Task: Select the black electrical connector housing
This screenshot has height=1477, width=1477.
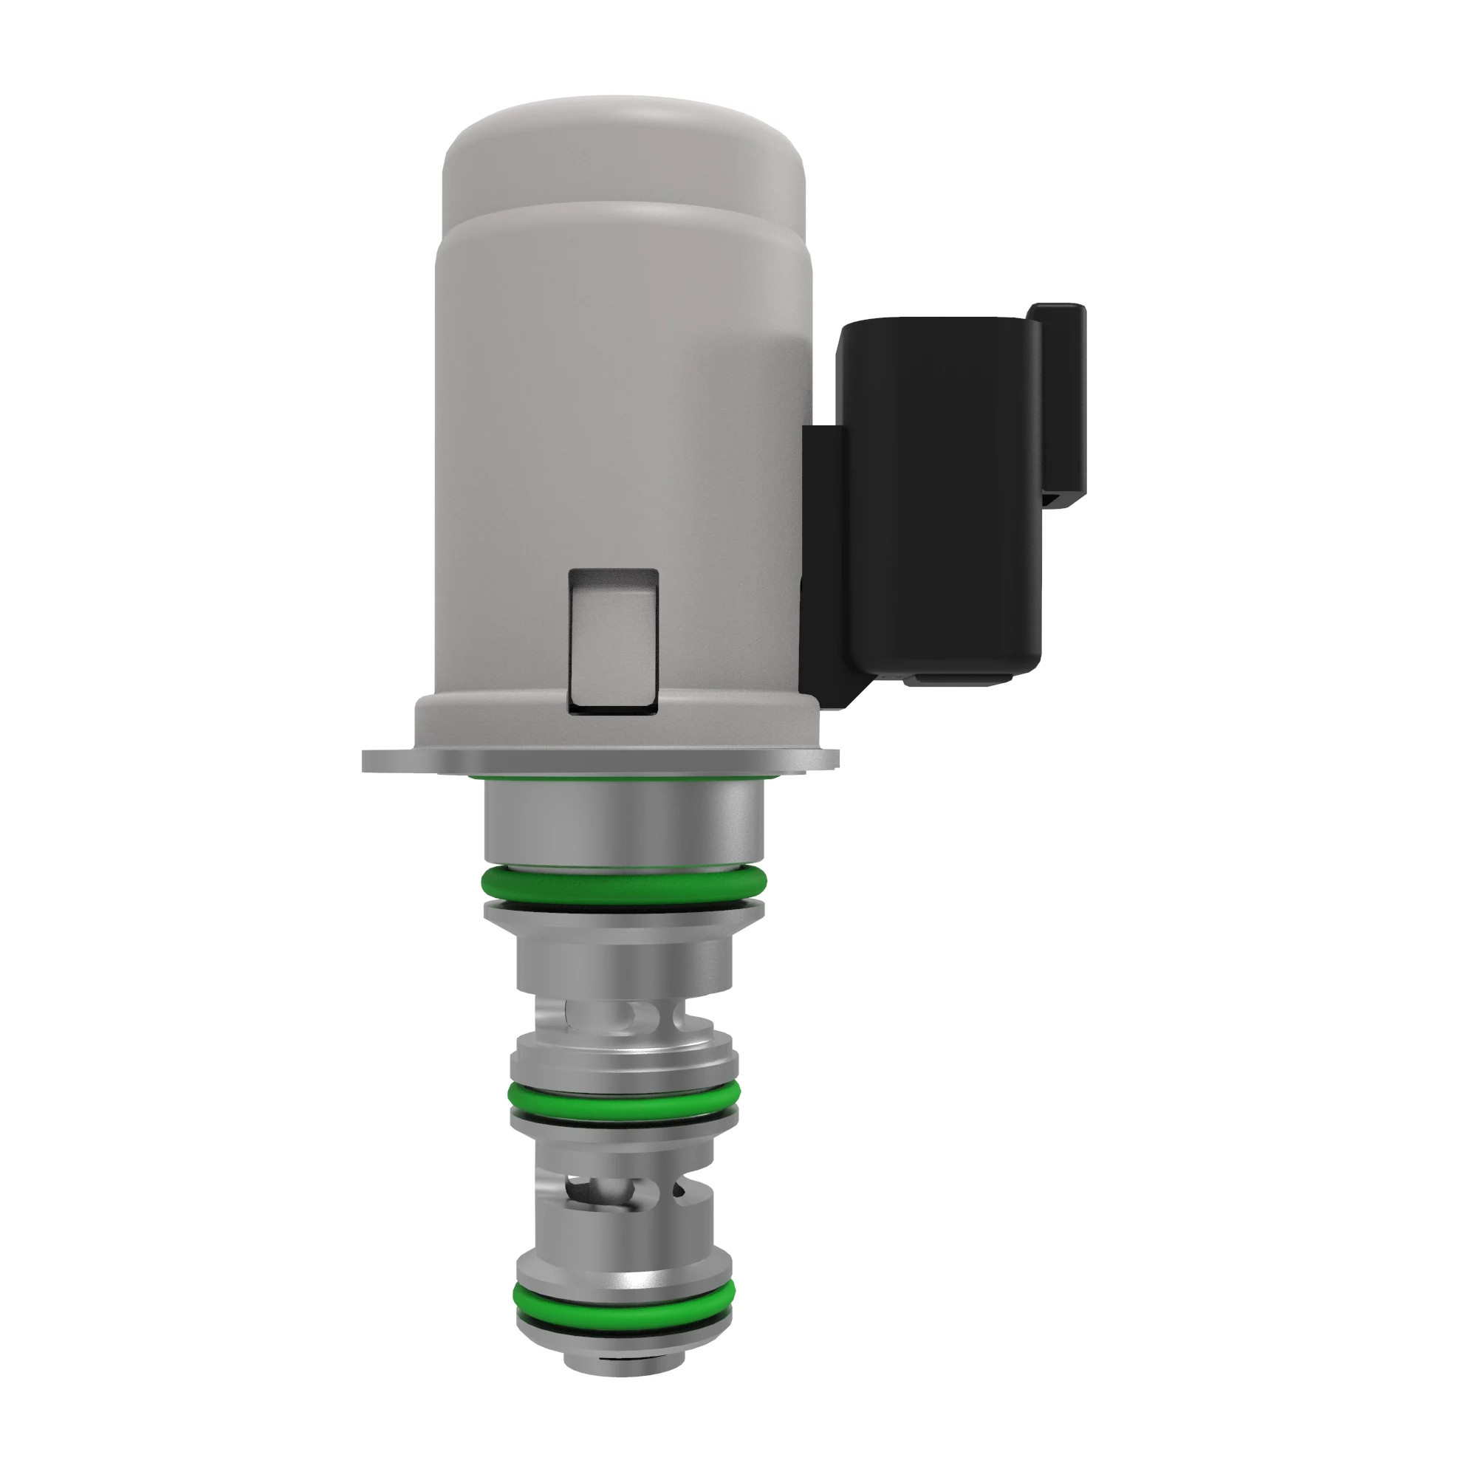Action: point(940,497)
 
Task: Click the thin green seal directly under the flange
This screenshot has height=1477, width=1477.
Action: point(623,778)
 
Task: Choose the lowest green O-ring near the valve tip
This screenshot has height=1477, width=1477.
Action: point(623,1311)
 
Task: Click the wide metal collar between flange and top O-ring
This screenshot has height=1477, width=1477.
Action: point(623,826)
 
